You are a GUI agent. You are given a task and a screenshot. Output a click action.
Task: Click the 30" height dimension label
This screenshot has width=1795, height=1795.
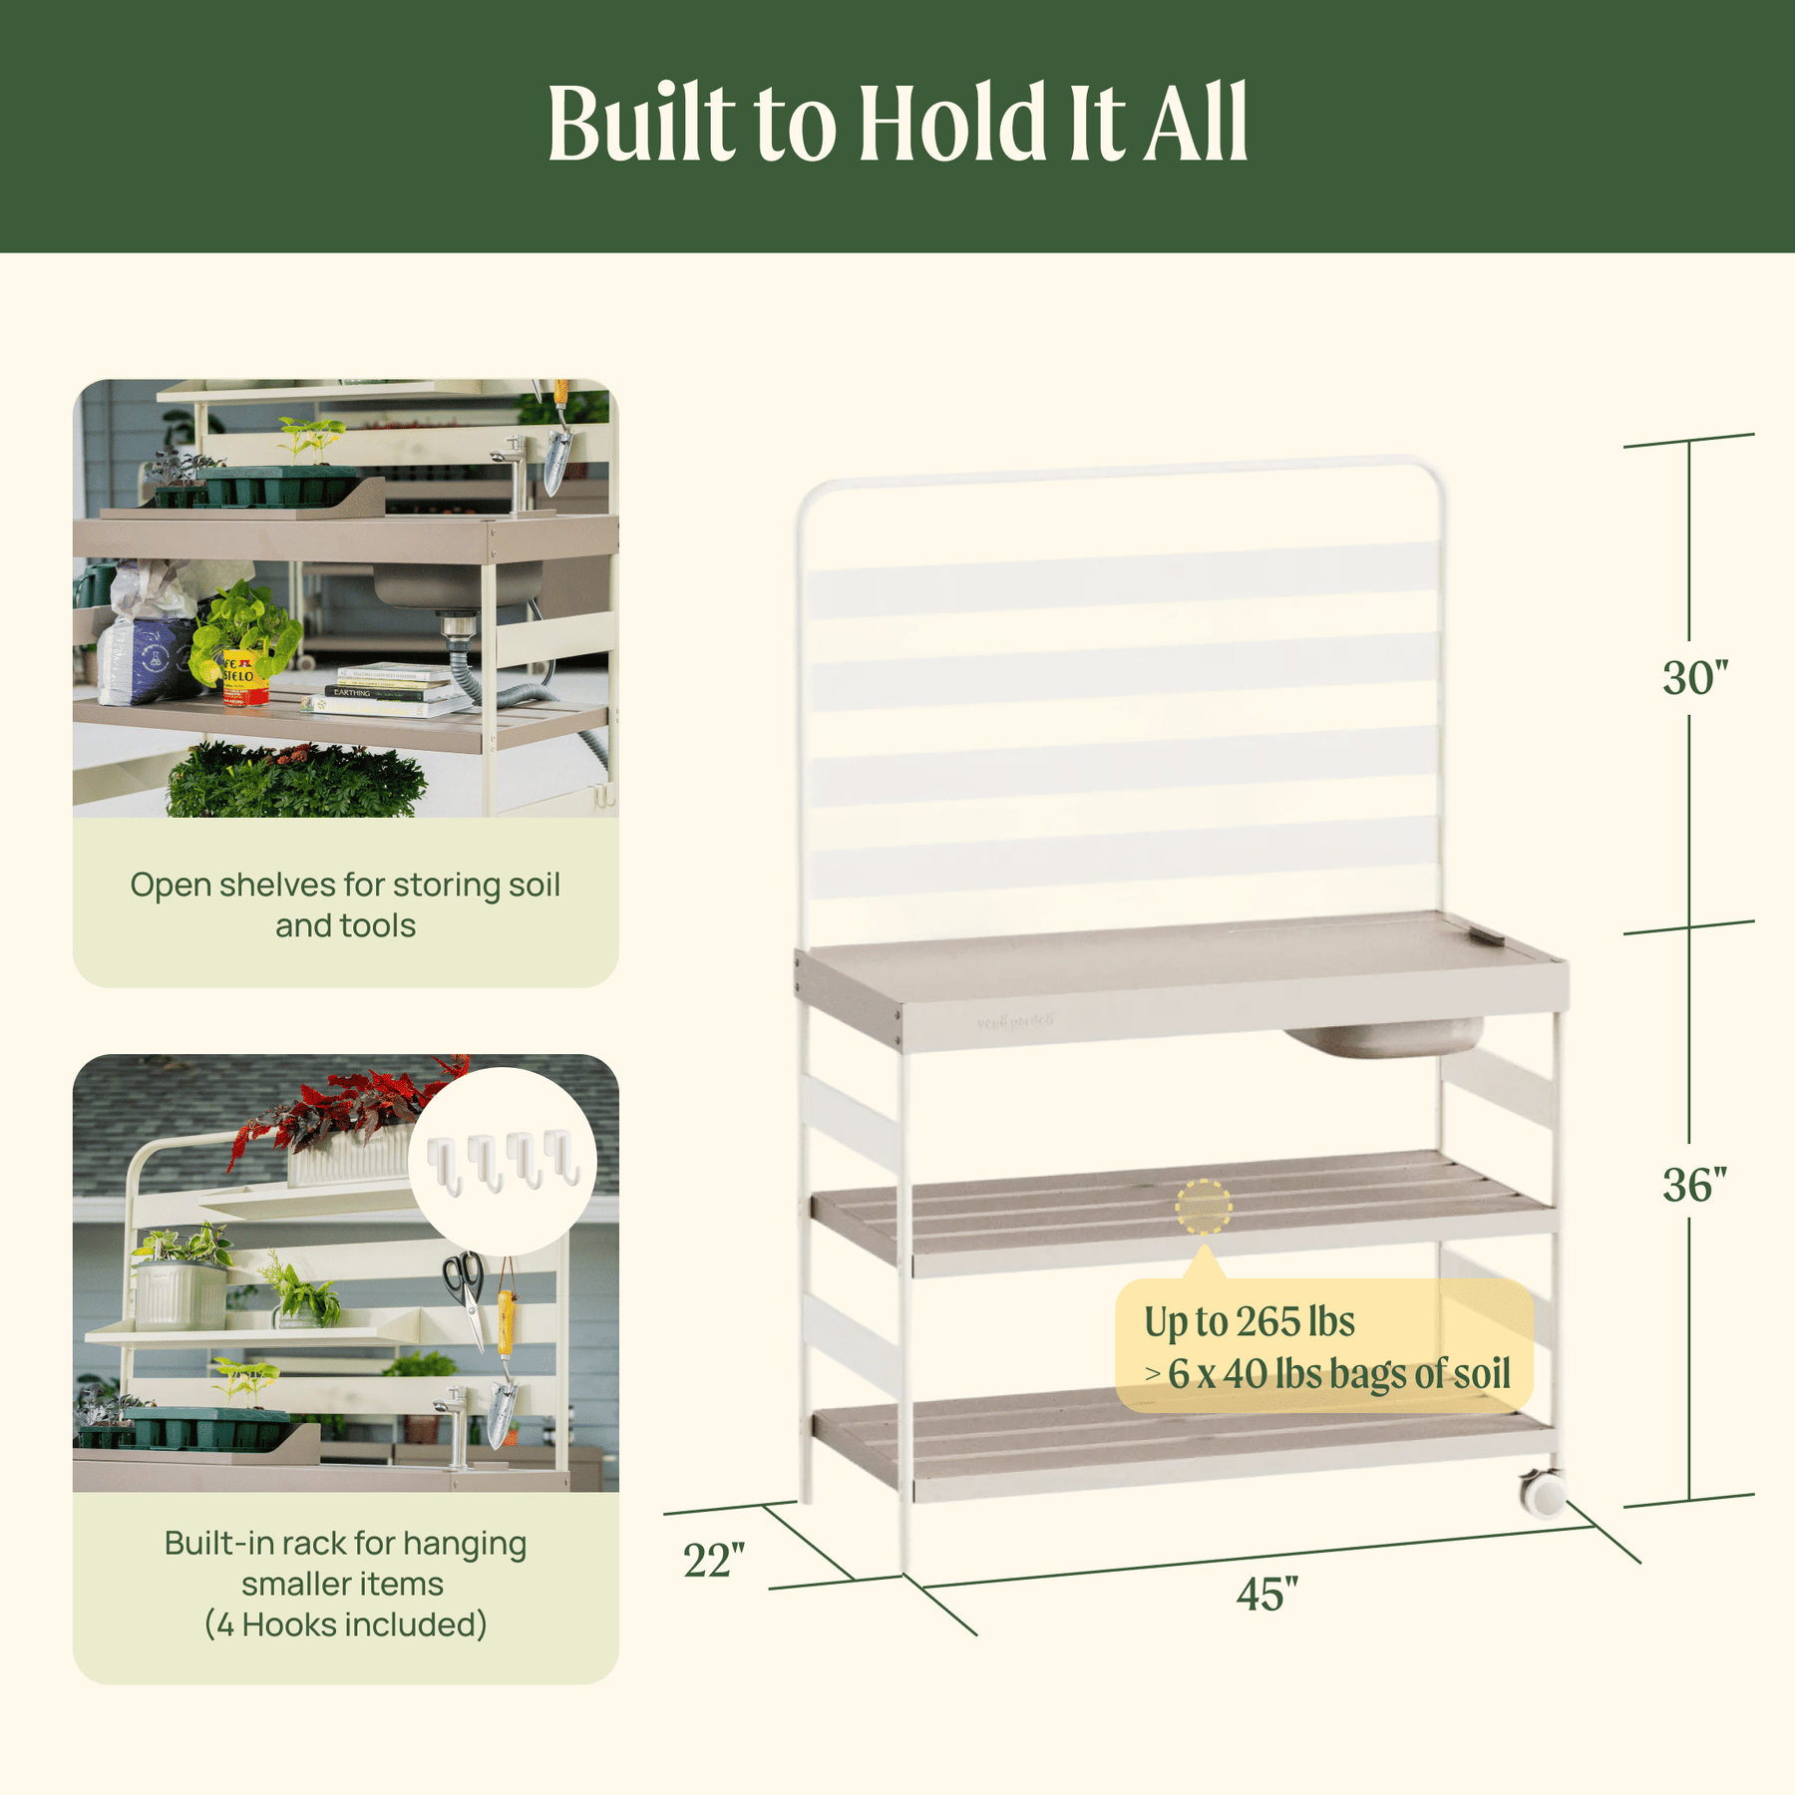(x=1694, y=678)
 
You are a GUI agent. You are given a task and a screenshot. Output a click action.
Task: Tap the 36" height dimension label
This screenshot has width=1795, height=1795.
(x=1694, y=1185)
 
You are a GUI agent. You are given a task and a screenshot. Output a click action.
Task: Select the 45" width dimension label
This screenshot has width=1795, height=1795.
(x=1266, y=1594)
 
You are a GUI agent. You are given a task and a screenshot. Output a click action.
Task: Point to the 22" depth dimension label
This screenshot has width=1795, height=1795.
(x=714, y=1561)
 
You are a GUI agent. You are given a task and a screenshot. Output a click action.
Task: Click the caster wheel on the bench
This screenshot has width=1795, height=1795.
(x=1543, y=1493)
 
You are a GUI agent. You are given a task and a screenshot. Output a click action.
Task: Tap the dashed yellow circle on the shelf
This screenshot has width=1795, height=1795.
(x=1204, y=1207)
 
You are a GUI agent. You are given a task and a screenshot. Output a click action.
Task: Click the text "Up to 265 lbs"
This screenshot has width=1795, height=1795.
(x=1250, y=1322)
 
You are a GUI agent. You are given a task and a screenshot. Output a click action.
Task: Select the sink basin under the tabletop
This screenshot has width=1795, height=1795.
(x=1384, y=1037)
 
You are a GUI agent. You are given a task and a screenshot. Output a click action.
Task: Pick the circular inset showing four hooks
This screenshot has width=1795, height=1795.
(x=503, y=1162)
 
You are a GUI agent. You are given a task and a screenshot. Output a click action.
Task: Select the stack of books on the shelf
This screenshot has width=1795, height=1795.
(x=391, y=690)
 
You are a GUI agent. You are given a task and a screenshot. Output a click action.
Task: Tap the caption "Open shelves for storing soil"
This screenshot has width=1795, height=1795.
(x=345, y=885)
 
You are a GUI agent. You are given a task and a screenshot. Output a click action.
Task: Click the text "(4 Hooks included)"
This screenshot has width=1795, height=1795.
(x=345, y=1624)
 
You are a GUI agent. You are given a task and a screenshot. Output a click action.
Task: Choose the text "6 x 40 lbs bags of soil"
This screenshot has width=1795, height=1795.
(x=1339, y=1374)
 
